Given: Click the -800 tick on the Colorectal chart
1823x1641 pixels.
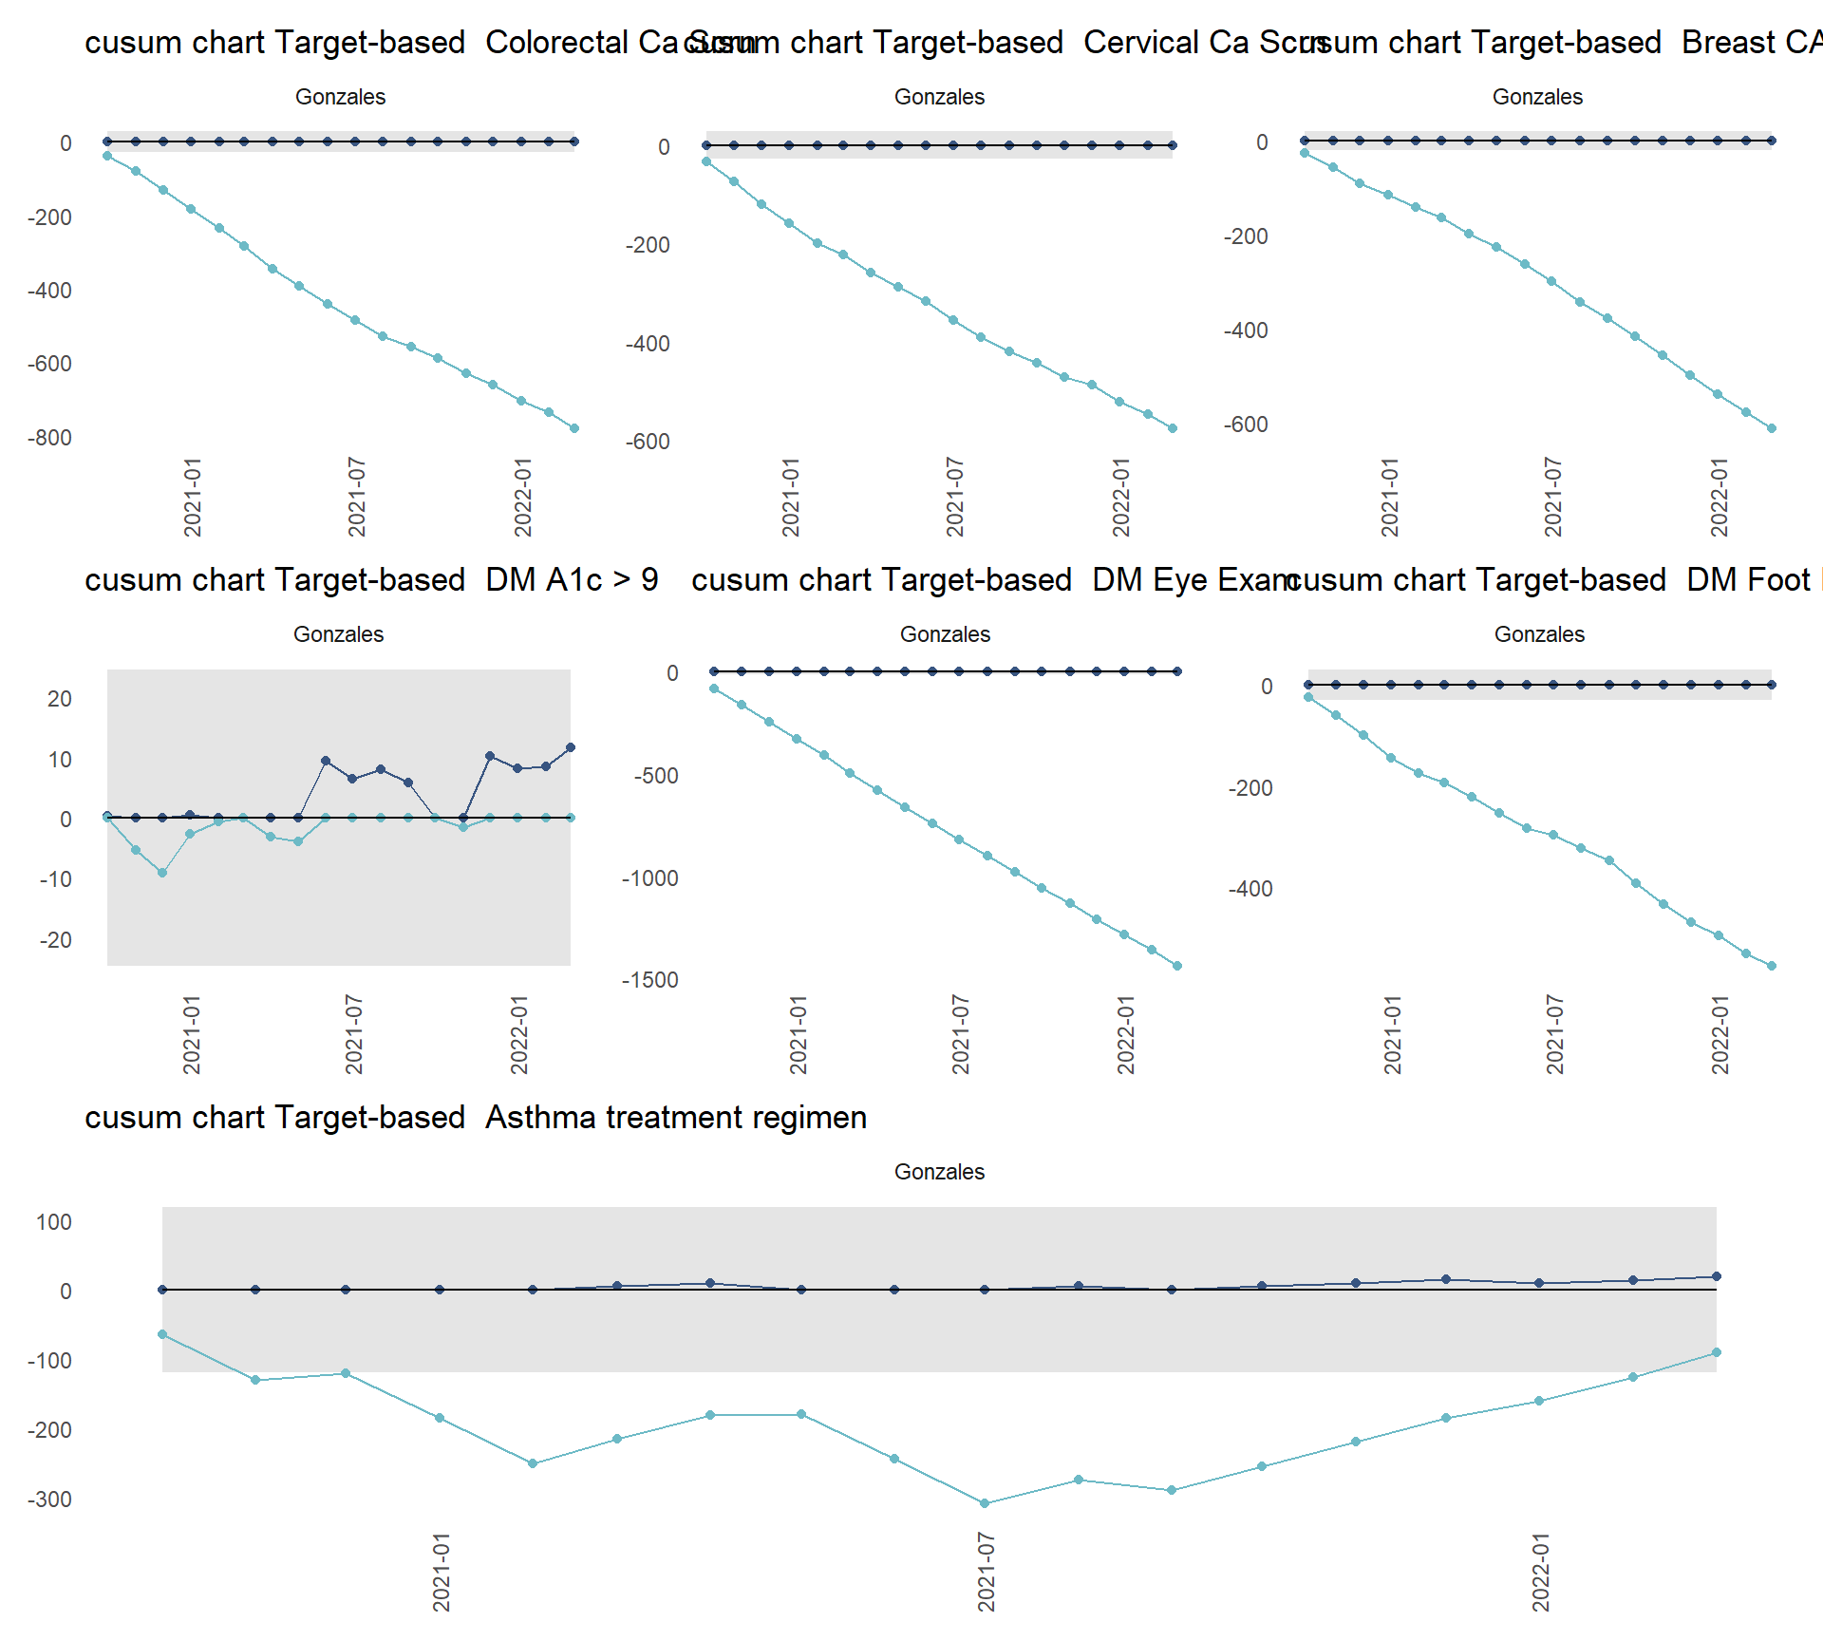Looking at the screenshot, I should pos(49,438).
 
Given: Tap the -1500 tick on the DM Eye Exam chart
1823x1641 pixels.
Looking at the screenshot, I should pos(649,980).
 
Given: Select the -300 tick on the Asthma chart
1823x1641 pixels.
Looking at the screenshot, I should pos(49,1500).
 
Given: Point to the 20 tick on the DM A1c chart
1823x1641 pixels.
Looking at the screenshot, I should pos(59,699).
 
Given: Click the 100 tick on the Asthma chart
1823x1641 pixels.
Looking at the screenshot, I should pos(53,1222).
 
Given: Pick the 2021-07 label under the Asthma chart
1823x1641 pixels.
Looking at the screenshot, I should pos(987,1572).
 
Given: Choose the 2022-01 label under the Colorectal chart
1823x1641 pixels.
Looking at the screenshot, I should pos(522,497).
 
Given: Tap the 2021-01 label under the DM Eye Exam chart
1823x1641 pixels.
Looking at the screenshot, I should pos(798,1034).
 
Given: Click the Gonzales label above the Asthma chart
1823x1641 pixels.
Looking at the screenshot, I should pos(939,1172).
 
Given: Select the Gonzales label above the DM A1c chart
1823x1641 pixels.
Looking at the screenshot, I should pos(338,634).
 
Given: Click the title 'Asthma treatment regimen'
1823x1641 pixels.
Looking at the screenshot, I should pos(675,1118).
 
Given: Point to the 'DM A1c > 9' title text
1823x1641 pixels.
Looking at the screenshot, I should pos(572,580).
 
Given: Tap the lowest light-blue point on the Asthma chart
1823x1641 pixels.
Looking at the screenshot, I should pos(985,1503).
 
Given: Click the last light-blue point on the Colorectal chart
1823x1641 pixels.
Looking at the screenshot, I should pos(574,428).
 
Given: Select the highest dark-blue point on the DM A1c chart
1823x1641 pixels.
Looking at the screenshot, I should pos(571,747).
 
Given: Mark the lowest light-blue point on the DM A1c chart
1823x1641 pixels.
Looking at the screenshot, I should pos(162,873).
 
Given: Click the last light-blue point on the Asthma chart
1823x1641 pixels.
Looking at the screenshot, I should pos(1716,1352).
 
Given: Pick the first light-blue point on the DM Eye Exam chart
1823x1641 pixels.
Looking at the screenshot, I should pos(714,688).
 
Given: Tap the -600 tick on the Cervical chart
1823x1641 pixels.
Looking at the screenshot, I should pos(648,442).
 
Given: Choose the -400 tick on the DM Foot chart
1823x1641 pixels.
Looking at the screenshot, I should pos(1250,889).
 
